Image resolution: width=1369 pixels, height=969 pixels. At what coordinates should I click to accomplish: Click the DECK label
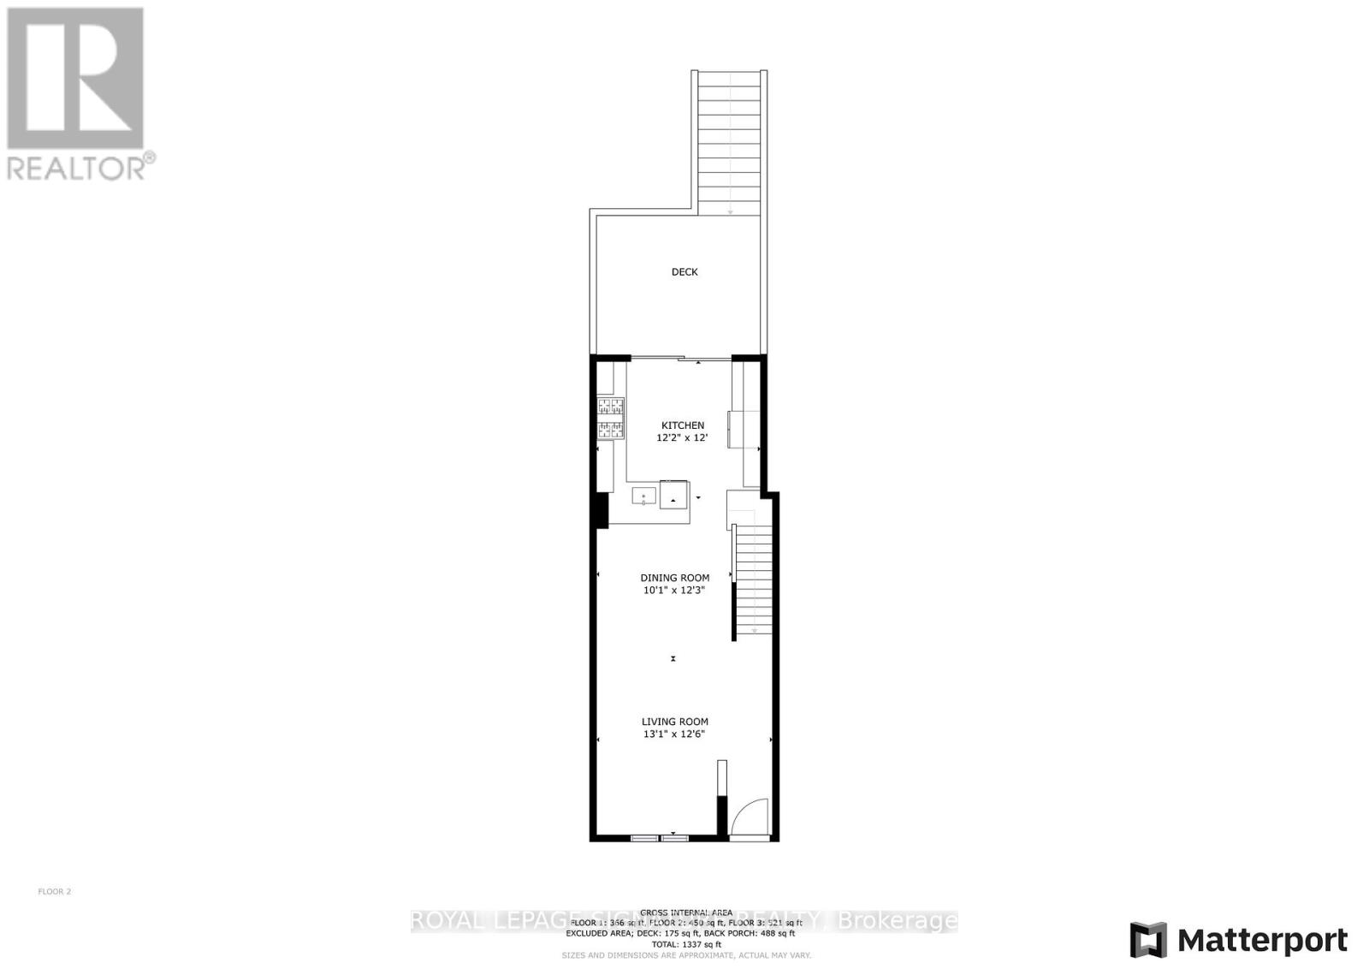point(684,272)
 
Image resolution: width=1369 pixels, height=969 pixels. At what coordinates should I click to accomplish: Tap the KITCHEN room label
point(683,425)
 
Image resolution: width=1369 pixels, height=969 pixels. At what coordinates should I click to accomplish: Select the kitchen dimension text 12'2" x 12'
point(682,437)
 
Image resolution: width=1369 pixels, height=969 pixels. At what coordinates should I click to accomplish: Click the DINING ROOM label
point(675,578)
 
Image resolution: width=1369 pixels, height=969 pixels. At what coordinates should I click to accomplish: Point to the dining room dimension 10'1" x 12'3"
point(674,590)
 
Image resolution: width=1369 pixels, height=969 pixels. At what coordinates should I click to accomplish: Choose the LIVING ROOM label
point(675,722)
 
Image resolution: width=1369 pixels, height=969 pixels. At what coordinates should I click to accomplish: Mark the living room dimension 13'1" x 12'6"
point(674,734)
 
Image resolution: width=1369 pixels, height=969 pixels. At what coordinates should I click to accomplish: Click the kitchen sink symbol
point(643,496)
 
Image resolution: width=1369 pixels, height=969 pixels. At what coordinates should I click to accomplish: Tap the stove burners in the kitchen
point(610,419)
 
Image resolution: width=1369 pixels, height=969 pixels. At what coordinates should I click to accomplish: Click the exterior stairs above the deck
point(729,141)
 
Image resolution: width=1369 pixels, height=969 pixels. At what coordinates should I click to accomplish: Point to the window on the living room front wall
point(660,837)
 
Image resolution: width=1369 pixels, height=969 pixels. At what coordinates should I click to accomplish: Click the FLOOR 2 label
point(55,892)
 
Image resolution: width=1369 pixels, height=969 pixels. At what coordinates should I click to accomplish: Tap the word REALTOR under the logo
point(77,167)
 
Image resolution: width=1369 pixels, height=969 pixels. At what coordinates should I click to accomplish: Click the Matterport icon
point(1148,940)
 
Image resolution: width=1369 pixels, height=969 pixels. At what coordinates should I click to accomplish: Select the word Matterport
point(1263,941)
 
